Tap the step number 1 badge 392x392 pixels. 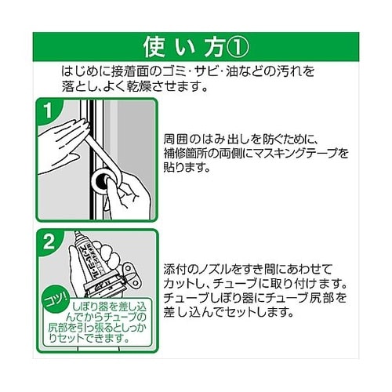click(x=48, y=111)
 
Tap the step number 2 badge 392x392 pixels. click(x=49, y=241)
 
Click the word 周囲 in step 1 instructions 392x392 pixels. click(x=176, y=140)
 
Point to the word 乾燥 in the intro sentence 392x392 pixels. click(x=139, y=85)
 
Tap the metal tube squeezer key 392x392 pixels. click(x=131, y=276)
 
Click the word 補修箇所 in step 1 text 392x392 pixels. click(x=187, y=154)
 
